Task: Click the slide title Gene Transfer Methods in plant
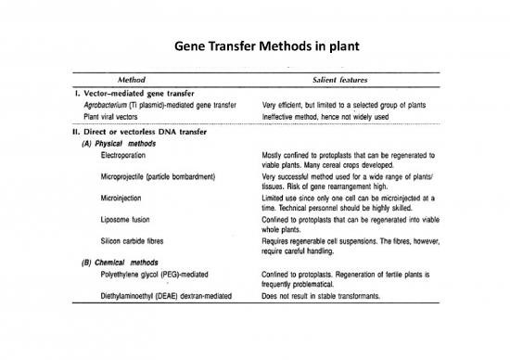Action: click(254, 47)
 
